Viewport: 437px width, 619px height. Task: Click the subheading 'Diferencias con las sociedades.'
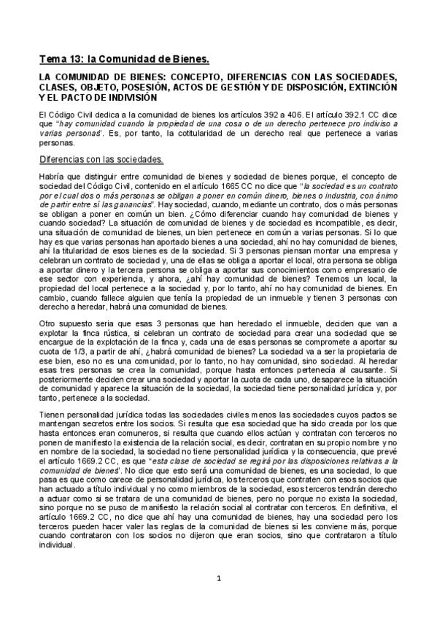coord(101,158)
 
